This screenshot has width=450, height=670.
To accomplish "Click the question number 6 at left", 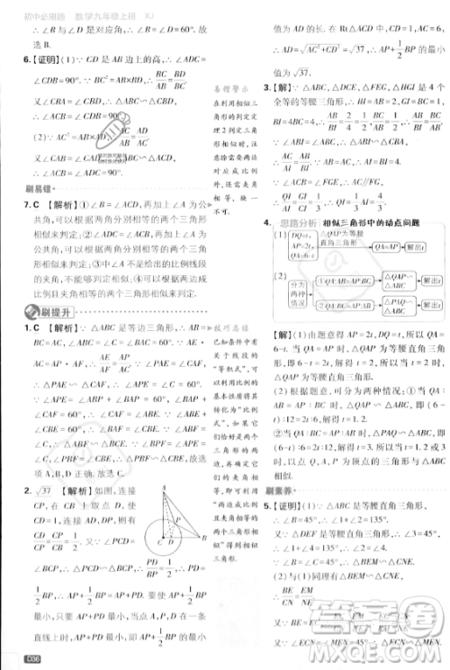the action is (x=13, y=59).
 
